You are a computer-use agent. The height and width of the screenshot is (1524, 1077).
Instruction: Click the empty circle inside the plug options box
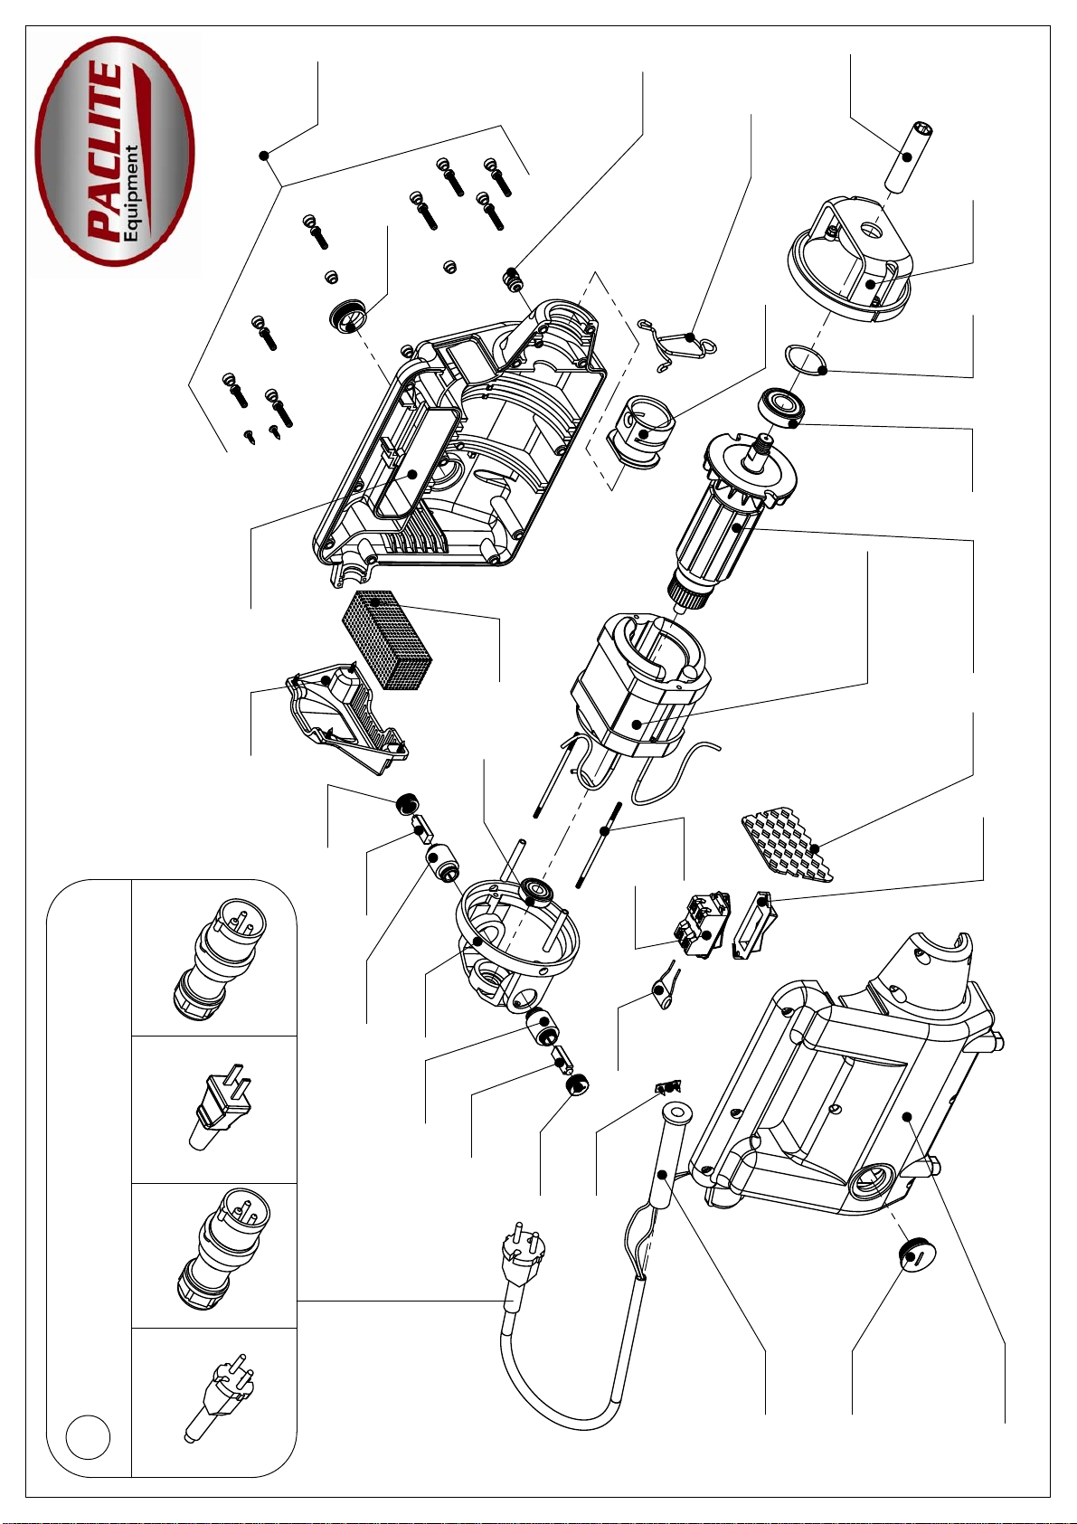coord(89,1436)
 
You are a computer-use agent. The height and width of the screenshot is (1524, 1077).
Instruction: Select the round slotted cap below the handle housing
coord(916,1255)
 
